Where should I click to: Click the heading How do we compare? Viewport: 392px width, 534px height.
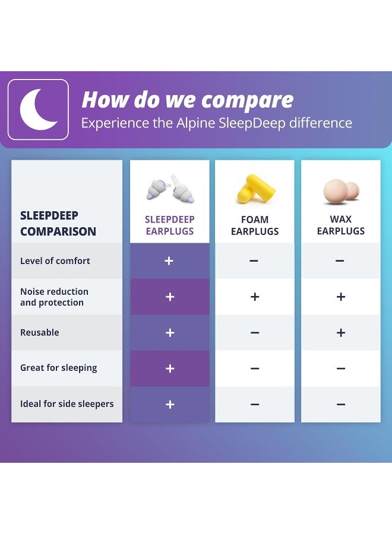click(x=187, y=100)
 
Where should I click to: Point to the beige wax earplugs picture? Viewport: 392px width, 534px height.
click(x=341, y=191)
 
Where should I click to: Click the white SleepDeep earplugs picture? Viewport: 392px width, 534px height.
click(x=170, y=189)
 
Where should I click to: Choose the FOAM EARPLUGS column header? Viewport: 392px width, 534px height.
click(x=255, y=225)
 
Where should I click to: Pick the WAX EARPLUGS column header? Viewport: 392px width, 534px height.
click(x=341, y=225)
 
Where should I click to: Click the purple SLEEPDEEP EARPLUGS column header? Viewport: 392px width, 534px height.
click(x=170, y=225)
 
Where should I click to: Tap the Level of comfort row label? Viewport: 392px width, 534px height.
click(x=55, y=261)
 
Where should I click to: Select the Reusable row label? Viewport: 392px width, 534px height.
click(x=40, y=332)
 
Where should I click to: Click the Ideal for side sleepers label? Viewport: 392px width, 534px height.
click(x=67, y=404)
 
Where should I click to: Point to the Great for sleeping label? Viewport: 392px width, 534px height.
click(x=58, y=368)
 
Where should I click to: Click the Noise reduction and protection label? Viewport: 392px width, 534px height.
click(x=54, y=297)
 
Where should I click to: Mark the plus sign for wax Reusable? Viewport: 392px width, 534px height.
click(x=341, y=333)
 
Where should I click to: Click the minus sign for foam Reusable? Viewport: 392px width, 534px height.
click(x=255, y=333)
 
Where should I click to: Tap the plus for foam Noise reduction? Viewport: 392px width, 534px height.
click(x=255, y=297)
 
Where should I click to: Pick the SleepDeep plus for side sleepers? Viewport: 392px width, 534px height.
click(x=170, y=405)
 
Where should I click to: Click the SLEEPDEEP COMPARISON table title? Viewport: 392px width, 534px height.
click(x=58, y=223)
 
